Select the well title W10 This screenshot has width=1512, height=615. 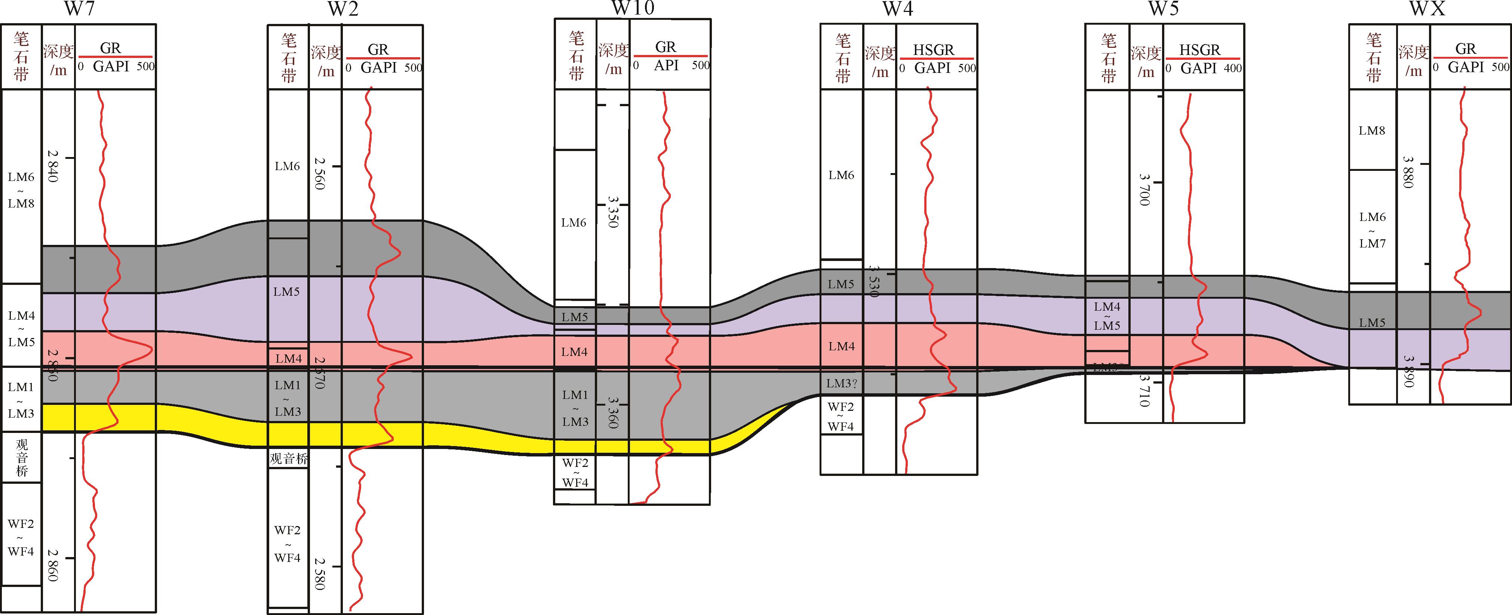(632, 8)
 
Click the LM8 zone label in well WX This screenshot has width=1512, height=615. (1372, 130)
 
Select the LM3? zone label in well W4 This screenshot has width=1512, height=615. (841, 384)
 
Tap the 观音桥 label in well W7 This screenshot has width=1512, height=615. (21, 457)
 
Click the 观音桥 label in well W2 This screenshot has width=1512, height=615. (288, 458)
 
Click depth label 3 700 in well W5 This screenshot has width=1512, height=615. (1144, 189)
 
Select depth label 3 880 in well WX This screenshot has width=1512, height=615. (1408, 172)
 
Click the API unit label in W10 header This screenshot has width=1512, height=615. (666, 65)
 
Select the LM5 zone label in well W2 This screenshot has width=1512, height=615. (286, 292)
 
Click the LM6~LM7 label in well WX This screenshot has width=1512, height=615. (1372, 230)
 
